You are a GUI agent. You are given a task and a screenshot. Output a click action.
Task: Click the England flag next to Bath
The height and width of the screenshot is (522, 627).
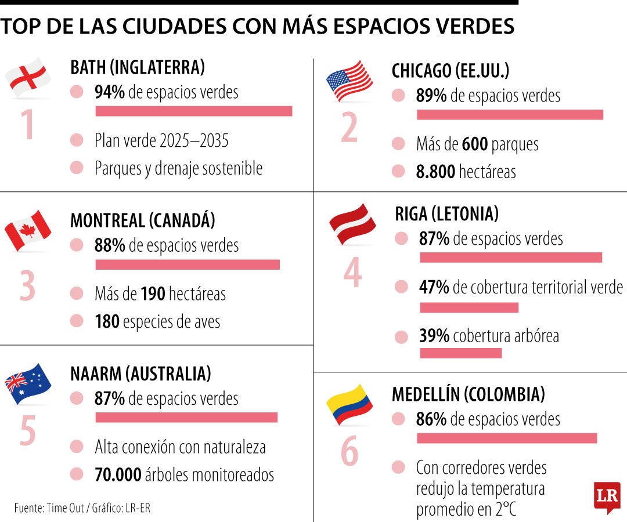click(x=28, y=78)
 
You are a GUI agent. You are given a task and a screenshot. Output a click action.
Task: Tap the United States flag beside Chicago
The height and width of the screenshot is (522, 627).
click(x=349, y=81)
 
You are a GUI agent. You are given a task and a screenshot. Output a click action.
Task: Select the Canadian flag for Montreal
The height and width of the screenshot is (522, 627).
click(x=28, y=230)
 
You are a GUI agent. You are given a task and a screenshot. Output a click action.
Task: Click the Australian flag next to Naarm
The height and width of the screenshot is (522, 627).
click(x=28, y=383)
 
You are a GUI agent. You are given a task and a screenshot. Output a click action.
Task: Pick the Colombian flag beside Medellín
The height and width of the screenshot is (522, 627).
click(x=349, y=404)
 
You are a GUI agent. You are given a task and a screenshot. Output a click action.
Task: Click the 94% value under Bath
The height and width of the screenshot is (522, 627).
click(x=110, y=92)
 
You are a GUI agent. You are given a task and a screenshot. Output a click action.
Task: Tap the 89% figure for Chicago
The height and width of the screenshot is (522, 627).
click(x=431, y=96)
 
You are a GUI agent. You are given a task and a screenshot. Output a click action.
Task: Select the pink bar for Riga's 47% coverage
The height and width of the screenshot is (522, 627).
click(x=469, y=307)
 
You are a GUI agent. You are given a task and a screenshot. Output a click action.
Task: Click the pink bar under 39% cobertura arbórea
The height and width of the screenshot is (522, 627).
click(x=460, y=353)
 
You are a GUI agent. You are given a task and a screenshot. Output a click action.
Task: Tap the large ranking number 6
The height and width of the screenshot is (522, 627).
click(x=349, y=452)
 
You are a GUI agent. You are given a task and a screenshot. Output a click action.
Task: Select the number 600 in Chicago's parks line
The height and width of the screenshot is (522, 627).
click(x=474, y=144)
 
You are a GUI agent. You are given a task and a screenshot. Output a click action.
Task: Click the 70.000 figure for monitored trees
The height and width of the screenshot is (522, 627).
click(x=118, y=475)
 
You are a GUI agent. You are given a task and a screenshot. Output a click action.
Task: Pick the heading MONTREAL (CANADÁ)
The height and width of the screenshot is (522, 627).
click(x=142, y=220)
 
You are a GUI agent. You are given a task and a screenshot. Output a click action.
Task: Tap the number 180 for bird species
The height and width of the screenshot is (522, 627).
click(x=107, y=321)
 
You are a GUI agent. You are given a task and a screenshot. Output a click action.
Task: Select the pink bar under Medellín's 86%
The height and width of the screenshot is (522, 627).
click(x=506, y=438)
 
